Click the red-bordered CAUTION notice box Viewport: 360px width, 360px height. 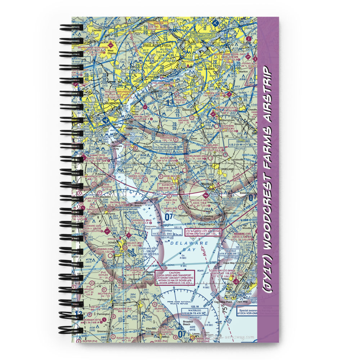point(175,278)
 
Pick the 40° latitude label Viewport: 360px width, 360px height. point(228,47)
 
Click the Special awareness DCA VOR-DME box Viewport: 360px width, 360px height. point(247,311)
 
